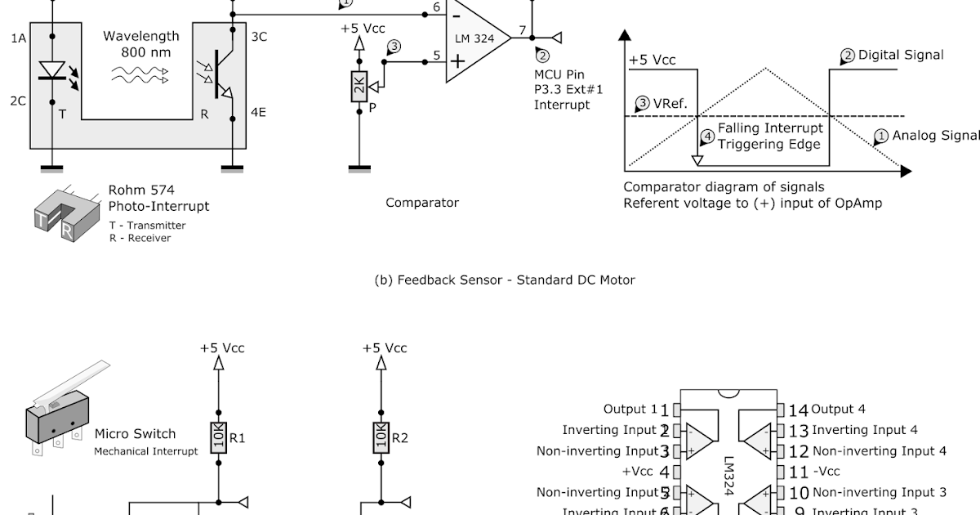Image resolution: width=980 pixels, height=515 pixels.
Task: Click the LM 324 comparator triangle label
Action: coord(474,38)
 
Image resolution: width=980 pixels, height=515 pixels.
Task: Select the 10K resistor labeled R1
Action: coord(218,437)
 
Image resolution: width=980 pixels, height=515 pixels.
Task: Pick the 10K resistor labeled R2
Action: coord(381,437)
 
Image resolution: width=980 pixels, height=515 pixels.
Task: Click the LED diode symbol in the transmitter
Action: coord(51,70)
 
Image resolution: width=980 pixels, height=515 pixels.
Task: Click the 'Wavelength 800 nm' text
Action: coord(140,44)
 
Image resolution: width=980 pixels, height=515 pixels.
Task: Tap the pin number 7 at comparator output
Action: coord(522,30)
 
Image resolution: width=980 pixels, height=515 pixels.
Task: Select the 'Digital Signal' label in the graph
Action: coord(900,55)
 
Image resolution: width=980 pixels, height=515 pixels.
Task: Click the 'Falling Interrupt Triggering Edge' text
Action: coord(769,136)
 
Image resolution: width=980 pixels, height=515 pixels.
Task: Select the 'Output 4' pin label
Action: coord(838,409)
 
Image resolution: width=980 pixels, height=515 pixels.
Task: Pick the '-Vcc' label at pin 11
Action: coord(826,472)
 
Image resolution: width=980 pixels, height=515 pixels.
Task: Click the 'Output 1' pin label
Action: coord(630,409)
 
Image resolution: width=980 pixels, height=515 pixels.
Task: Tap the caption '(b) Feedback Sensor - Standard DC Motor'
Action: coord(504,280)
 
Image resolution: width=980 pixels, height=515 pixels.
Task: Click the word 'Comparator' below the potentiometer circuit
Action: coord(422,203)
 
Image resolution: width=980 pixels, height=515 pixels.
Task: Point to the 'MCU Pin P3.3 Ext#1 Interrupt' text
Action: coord(563,89)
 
